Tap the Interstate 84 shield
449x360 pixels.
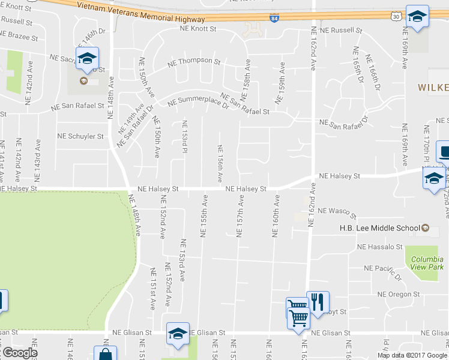(x=274, y=19)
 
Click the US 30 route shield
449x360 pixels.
(x=396, y=17)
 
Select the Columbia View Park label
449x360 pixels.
(x=427, y=262)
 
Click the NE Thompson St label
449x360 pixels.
(x=194, y=61)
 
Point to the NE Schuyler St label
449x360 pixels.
(x=80, y=136)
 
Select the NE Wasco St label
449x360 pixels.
(x=337, y=212)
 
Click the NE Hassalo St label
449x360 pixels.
(x=379, y=247)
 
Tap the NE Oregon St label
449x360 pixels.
(x=399, y=294)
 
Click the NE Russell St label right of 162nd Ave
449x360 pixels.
(x=341, y=30)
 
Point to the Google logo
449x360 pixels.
(x=19, y=353)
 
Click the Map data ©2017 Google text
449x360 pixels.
(x=412, y=355)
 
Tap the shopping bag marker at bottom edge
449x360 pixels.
(x=105, y=354)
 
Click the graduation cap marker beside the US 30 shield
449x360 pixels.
(x=417, y=16)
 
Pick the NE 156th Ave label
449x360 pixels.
(x=220, y=163)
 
